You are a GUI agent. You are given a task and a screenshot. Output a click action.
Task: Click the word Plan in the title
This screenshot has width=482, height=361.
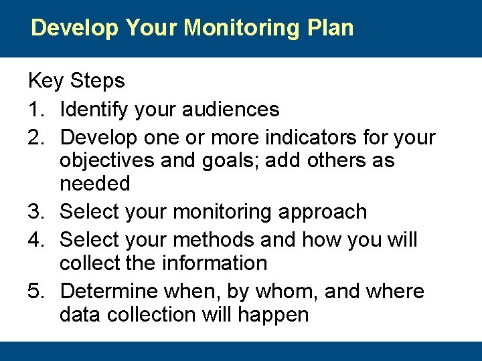point(329,28)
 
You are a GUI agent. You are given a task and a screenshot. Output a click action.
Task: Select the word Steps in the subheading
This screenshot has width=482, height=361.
point(97,82)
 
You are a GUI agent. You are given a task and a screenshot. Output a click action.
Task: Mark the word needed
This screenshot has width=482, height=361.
point(94,184)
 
